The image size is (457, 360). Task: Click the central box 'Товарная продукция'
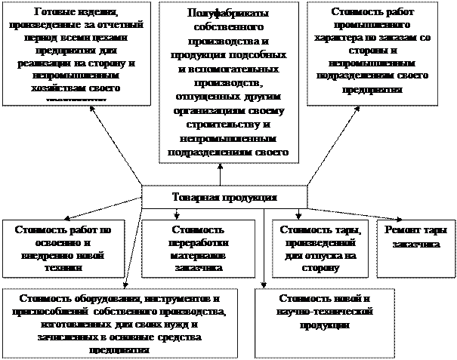click(x=224, y=197)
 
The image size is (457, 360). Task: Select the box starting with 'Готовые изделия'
click(x=74, y=53)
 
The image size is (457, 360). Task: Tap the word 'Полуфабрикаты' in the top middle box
click(x=224, y=14)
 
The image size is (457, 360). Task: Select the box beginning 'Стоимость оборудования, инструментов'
click(x=119, y=322)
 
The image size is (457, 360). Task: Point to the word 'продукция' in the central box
click(x=250, y=197)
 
